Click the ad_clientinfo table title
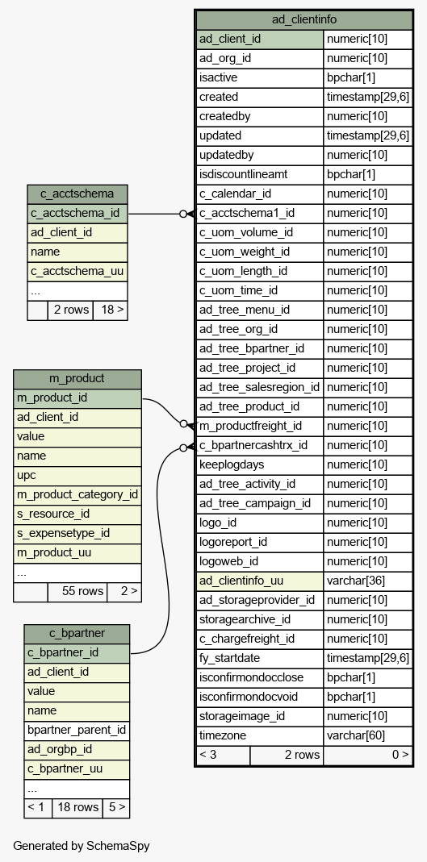click(304, 20)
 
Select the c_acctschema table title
click(77, 194)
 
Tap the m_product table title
click(77, 379)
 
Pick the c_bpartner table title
click(77, 633)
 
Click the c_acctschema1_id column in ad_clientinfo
click(247, 214)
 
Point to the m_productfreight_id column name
click(250, 426)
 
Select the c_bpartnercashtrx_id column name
click(253, 445)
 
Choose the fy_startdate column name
click(229, 658)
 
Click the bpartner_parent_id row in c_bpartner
click(77, 730)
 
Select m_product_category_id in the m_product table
click(77, 495)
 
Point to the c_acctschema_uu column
click(77, 272)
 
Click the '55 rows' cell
click(77, 592)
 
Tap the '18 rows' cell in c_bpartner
click(77, 808)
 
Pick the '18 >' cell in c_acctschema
click(110, 310)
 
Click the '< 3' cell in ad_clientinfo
click(223, 755)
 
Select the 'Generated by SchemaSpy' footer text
click(82, 846)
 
